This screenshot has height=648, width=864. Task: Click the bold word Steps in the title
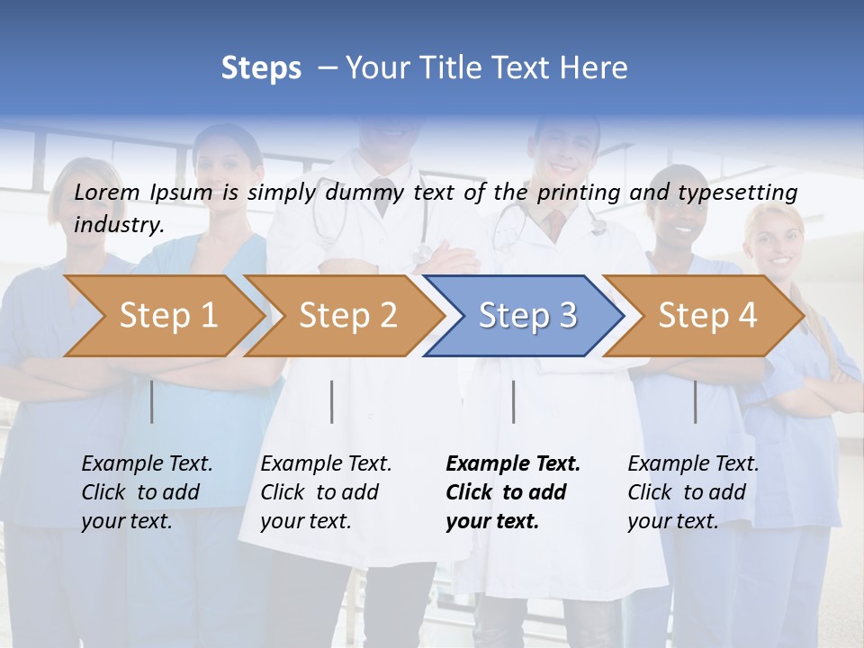[261, 68]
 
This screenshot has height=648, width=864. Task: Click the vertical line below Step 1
[152, 401]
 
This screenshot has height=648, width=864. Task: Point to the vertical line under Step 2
[332, 401]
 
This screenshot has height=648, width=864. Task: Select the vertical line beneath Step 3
[514, 401]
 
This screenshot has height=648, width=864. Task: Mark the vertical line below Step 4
[695, 401]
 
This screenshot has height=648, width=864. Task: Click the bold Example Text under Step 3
[513, 464]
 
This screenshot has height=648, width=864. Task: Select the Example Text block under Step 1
[147, 492]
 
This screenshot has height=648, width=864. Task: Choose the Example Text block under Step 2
[326, 492]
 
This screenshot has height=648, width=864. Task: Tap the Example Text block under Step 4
[693, 492]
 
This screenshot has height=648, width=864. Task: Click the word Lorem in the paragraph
[107, 192]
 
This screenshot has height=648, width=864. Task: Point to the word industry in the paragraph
[118, 225]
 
